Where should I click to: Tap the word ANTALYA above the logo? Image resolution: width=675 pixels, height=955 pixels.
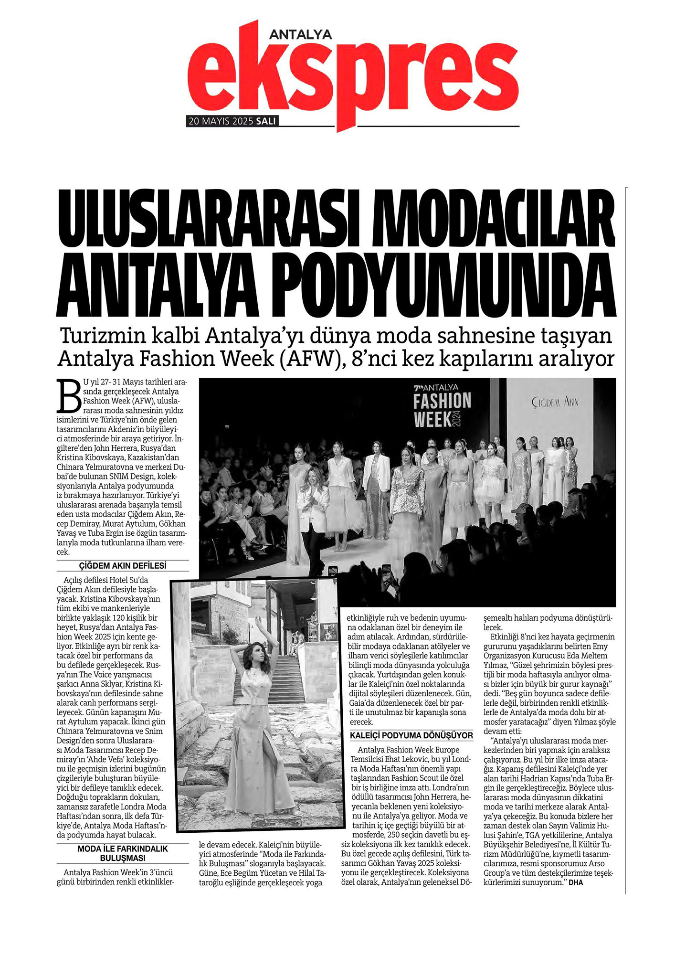point(300,34)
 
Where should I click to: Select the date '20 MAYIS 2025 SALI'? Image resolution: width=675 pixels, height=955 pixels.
point(232,121)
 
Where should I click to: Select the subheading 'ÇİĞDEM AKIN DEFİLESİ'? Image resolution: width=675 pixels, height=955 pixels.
point(123,566)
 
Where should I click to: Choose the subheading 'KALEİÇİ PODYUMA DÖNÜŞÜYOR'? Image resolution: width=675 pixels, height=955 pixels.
point(411,735)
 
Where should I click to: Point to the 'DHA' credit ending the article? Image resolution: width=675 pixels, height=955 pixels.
point(576,882)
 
